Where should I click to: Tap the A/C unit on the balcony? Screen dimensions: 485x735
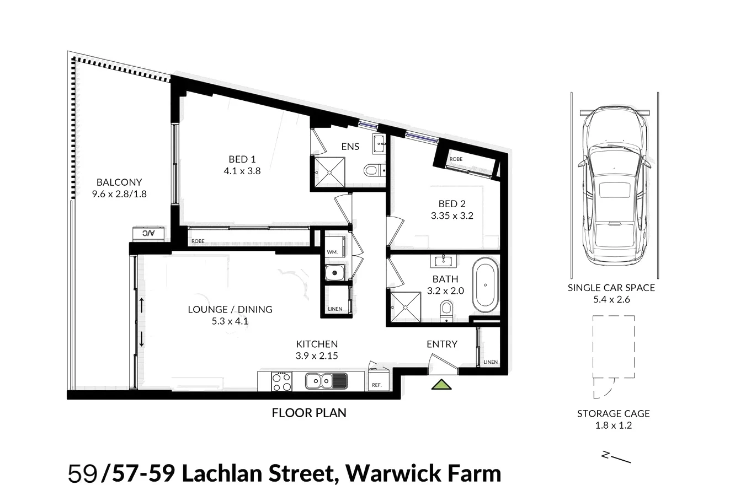coord(148,234)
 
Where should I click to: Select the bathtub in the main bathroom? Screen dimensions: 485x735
coord(485,285)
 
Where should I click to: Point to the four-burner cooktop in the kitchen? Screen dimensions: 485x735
coord(281,381)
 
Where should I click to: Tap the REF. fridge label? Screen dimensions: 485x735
coord(377,385)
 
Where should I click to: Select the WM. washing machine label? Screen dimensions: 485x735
coord(332,252)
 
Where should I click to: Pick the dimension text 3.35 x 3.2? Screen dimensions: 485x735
coord(452,216)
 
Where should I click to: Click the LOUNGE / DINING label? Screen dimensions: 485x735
coord(230,309)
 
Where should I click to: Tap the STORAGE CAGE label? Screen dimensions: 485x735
coord(613,413)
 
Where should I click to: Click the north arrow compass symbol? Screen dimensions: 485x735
coord(615,457)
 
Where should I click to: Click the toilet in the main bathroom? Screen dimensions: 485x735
coord(446,310)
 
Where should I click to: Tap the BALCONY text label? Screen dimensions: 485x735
coord(119,182)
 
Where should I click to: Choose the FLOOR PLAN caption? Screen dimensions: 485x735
coord(309,412)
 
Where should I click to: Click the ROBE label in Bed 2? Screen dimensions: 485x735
coord(456,159)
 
